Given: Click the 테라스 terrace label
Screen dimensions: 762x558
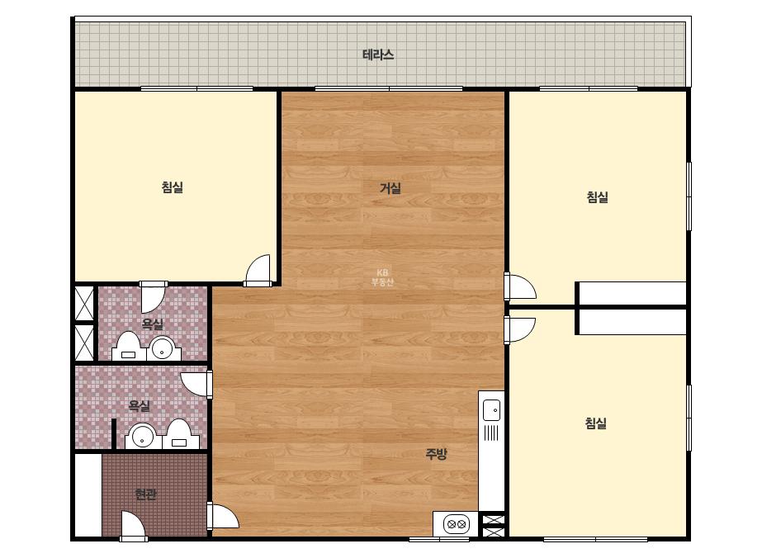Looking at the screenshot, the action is (378, 54).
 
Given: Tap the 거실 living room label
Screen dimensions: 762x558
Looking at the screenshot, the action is (390, 187).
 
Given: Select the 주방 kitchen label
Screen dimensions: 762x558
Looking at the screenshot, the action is (436, 453).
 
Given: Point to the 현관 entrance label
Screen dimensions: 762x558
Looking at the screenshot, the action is (145, 494).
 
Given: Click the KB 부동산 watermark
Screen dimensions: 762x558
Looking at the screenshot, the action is (382, 277).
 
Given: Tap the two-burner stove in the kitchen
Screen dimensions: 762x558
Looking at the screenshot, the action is (457, 524).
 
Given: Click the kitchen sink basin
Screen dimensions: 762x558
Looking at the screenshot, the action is (491, 409).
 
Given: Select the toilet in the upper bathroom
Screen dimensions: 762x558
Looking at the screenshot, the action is (129, 346).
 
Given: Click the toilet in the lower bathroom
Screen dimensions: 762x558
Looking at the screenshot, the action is (180, 434).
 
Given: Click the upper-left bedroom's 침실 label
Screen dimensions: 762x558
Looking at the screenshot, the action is (173, 187).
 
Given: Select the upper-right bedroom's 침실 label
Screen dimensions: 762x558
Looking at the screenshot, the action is (597, 196).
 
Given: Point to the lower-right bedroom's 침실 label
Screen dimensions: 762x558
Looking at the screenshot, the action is (596, 423).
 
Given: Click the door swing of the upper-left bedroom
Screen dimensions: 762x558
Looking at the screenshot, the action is (258, 270).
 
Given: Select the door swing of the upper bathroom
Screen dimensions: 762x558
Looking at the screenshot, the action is (153, 297).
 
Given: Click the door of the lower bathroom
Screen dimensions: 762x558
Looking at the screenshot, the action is (196, 385).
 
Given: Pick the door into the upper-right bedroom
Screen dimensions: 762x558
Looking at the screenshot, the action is (520, 286).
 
